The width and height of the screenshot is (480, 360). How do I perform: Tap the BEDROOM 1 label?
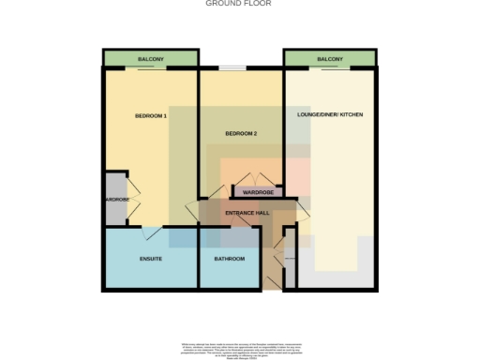pos(151,115)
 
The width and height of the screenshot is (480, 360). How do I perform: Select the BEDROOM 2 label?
pos(241,134)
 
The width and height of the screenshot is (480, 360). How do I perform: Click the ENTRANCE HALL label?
pos(247,215)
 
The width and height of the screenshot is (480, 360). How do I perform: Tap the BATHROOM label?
pos(230,258)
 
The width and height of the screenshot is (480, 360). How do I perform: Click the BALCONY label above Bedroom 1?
pos(151,59)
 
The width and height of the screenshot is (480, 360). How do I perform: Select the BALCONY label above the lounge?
pos(330,59)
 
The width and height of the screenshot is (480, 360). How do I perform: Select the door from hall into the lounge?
pos(302,214)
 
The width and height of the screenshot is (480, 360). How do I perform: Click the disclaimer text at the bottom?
pos(240,347)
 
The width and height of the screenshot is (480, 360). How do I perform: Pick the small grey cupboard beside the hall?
pos(290,261)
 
